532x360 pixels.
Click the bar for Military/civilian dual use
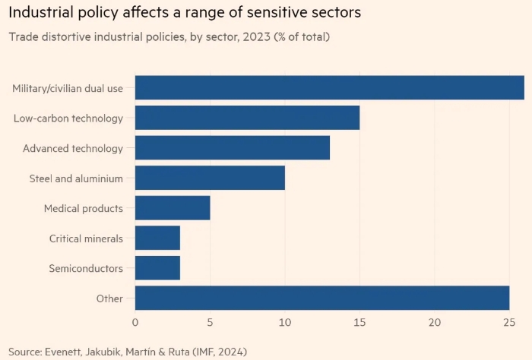pos(330,88)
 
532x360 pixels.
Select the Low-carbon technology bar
pos(247,118)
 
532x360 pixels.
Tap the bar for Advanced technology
pos(233,147)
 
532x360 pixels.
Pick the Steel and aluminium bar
pos(210,178)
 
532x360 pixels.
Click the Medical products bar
pos(173,207)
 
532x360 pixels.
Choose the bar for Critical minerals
pos(157,238)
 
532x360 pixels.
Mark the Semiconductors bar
pos(157,268)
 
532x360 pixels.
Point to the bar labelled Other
pos(322,298)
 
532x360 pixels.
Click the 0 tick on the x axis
pos(135,323)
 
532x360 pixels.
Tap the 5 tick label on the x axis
pos(210,323)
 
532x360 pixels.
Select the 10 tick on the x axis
pos(285,323)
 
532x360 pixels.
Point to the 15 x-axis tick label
pos(359,323)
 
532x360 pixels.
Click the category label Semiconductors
pos(86,268)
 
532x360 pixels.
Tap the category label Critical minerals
pos(86,238)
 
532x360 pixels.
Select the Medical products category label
pos(84,208)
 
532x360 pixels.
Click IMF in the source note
pos(201,352)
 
